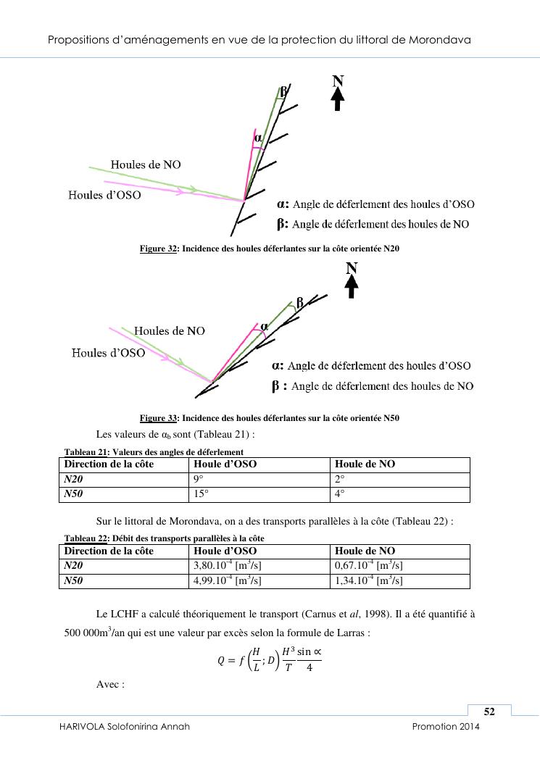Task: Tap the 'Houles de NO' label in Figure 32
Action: pos(146,164)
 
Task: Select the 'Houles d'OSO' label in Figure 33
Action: pos(108,353)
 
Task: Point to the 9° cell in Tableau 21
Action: pos(196,479)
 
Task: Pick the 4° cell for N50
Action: pos(339,494)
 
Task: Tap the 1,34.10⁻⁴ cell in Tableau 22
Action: pos(368,580)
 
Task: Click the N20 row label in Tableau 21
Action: pos(74,479)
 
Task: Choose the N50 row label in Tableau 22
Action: pos(75,580)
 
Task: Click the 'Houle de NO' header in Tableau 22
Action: pos(365,551)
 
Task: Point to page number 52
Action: pos(489,712)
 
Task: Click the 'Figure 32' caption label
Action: pos(159,249)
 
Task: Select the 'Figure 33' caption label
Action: pos(159,418)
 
